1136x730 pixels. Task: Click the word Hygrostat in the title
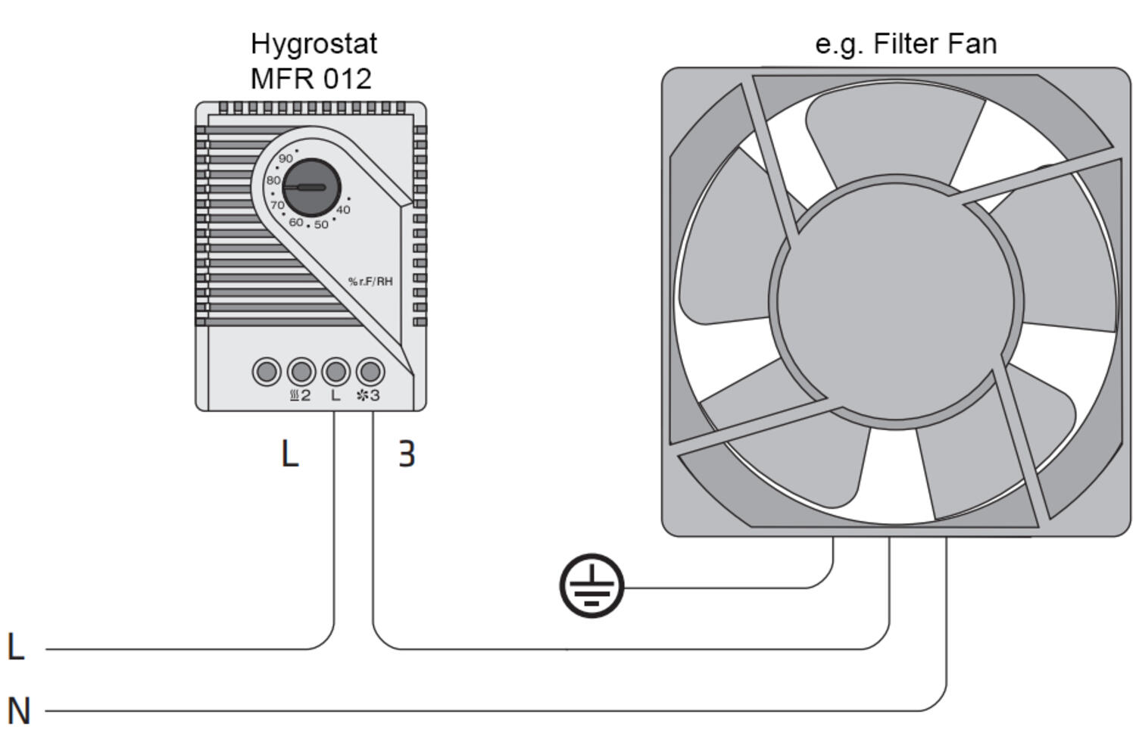(314, 44)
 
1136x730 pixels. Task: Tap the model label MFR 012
(311, 79)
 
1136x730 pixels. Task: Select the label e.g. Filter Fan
(905, 44)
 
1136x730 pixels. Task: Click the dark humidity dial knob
(311, 187)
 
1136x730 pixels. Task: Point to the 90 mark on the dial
(286, 159)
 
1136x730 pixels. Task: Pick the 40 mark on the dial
(343, 210)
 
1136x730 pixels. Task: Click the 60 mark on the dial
(295, 222)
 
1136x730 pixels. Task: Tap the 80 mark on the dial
(273, 180)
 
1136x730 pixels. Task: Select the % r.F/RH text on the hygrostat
(370, 282)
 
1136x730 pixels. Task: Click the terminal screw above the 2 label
(301, 372)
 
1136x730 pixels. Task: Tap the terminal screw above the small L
(335, 372)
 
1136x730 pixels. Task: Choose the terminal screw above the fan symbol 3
(370, 372)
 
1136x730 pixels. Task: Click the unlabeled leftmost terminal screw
(267, 372)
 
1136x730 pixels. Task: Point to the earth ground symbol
(591, 585)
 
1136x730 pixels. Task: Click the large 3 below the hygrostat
(407, 454)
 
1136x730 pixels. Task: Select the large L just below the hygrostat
(289, 454)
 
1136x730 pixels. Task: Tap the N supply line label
(19, 711)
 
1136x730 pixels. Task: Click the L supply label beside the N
(16, 647)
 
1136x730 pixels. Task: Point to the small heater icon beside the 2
(295, 395)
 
